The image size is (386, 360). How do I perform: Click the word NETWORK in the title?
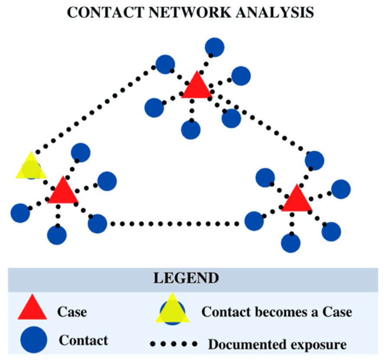(190, 12)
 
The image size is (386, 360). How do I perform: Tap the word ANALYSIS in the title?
(275, 12)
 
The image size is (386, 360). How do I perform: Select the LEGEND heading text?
(186, 278)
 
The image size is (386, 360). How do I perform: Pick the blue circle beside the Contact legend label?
(34, 340)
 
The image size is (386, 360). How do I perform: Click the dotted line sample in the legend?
(174, 344)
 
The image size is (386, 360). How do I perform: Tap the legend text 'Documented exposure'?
(277, 344)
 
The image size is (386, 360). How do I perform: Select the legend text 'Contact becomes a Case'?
(277, 312)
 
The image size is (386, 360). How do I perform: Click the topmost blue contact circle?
(214, 47)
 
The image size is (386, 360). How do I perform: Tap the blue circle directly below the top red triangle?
(191, 130)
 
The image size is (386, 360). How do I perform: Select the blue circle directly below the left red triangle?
(57, 235)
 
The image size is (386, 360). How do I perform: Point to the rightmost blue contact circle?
(341, 189)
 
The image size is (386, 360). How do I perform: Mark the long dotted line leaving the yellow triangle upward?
(95, 109)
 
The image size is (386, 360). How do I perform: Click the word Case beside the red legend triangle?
(72, 312)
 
